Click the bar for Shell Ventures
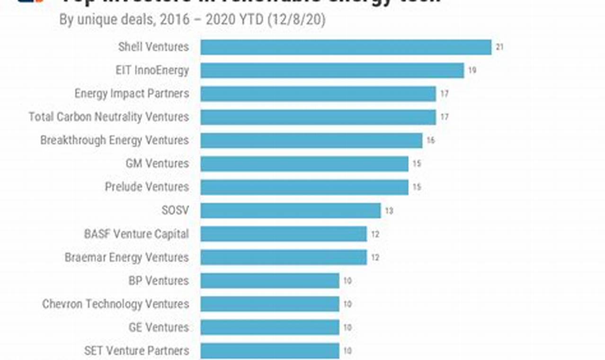click(346, 47)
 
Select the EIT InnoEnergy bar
click(332, 71)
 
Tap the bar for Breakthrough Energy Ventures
click(311, 140)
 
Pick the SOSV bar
click(290, 210)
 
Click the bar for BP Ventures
click(269, 280)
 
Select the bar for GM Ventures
click(304, 164)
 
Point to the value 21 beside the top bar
click(499, 47)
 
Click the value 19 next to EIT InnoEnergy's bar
click(472, 71)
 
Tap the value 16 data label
click(430, 141)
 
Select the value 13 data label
click(389, 211)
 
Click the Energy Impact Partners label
click(132, 94)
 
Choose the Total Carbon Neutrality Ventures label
click(108, 117)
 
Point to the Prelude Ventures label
click(147, 187)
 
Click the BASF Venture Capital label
click(136, 234)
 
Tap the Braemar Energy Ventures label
click(126, 257)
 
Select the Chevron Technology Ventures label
click(115, 304)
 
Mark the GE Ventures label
click(159, 327)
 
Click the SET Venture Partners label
click(136, 351)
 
